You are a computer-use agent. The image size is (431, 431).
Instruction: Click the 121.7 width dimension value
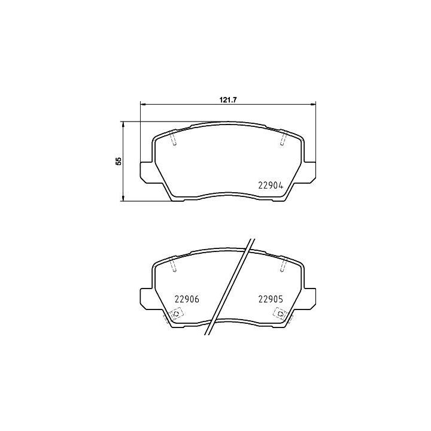[x=228, y=100]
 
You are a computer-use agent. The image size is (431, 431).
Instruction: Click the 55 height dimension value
[x=119, y=161]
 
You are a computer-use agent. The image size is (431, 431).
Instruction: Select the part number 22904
[x=271, y=186]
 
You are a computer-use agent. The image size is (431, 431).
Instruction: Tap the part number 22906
[x=187, y=299]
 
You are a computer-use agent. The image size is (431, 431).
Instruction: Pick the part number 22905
[x=271, y=299]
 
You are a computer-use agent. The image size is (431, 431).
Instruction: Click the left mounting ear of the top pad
[x=147, y=172]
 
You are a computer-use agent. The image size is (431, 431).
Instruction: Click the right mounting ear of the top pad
[x=309, y=172]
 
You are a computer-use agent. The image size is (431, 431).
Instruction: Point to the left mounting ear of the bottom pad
[x=147, y=299]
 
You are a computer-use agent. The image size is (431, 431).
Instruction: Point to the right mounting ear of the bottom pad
[x=309, y=299]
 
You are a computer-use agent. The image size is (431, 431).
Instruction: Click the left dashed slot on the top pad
[x=174, y=138]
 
